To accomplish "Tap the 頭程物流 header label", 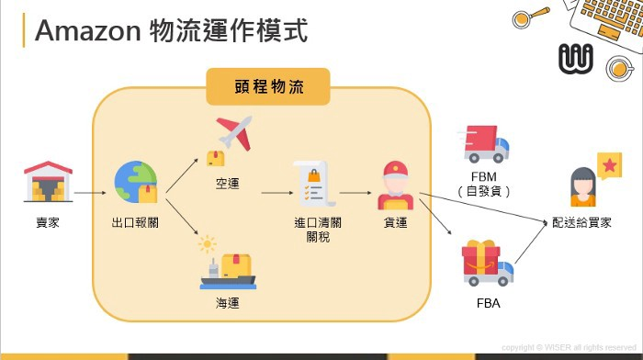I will pyautogui.click(x=267, y=87).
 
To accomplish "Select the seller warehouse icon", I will pyautogui.click(x=47, y=182).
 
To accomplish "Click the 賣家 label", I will pyautogui.click(x=47, y=222).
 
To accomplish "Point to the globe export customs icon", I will pyautogui.click(x=135, y=182).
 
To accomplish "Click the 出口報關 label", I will pyautogui.click(x=134, y=222).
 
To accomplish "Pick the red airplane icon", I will pyautogui.click(x=233, y=135).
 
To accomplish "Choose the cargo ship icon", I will pyautogui.click(x=227, y=269).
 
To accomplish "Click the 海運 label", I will pyautogui.click(x=227, y=302).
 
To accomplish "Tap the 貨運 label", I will pyautogui.click(x=395, y=222).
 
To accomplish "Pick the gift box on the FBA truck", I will pyautogui.click(x=482, y=256).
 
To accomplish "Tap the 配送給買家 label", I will pyautogui.click(x=582, y=222).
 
